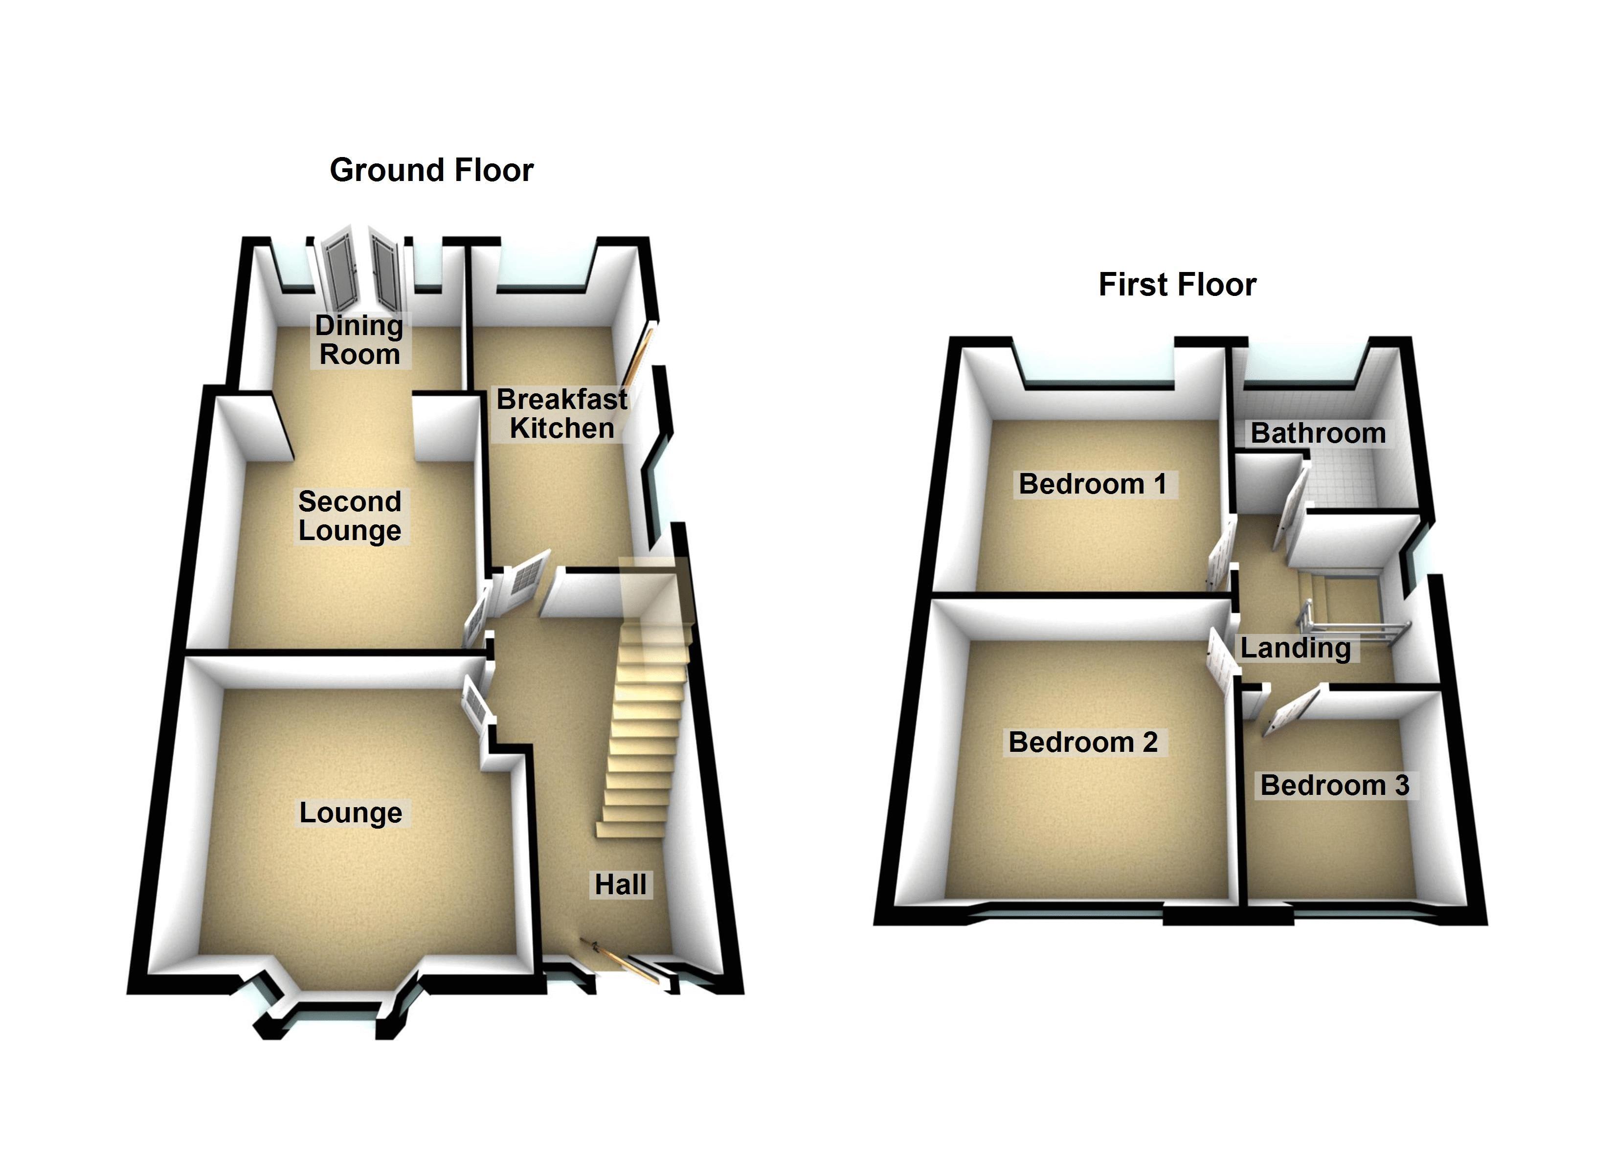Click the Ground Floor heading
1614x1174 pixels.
coord(431,171)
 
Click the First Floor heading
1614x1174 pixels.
coord(1177,285)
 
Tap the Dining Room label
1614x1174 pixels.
coord(359,340)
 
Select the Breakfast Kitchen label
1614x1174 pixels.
coord(561,414)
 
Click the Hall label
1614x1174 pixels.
coord(621,885)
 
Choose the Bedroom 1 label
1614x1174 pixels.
coord(1092,484)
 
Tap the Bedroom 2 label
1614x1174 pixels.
coord(1083,743)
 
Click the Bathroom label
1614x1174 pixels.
coord(1318,433)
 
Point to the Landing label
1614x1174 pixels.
coord(1295,648)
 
